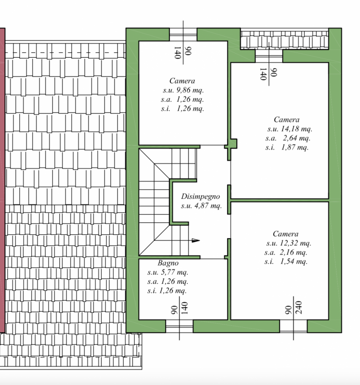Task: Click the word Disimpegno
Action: (x=200, y=196)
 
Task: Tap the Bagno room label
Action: (x=168, y=263)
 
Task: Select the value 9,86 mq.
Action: (x=190, y=90)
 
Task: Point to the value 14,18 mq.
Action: (x=296, y=128)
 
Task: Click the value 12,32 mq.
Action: (x=296, y=243)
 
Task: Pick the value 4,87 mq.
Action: (x=208, y=205)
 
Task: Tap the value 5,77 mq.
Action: (x=175, y=272)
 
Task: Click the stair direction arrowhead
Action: (x=196, y=240)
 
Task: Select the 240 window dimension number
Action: (x=299, y=308)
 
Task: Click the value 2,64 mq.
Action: (x=296, y=138)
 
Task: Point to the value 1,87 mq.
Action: (x=295, y=147)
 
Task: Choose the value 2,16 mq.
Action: (x=294, y=252)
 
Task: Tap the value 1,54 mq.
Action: (x=294, y=261)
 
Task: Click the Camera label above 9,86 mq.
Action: (x=182, y=81)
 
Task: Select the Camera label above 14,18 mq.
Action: (x=286, y=119)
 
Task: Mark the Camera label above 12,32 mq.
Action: (x=285, y=234)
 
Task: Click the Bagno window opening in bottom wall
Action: (x=179, y=326)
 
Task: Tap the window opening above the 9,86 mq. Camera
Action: (x=183, y=34)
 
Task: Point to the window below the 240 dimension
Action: (x=294, y=326)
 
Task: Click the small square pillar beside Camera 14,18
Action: (x=233, y=143)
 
